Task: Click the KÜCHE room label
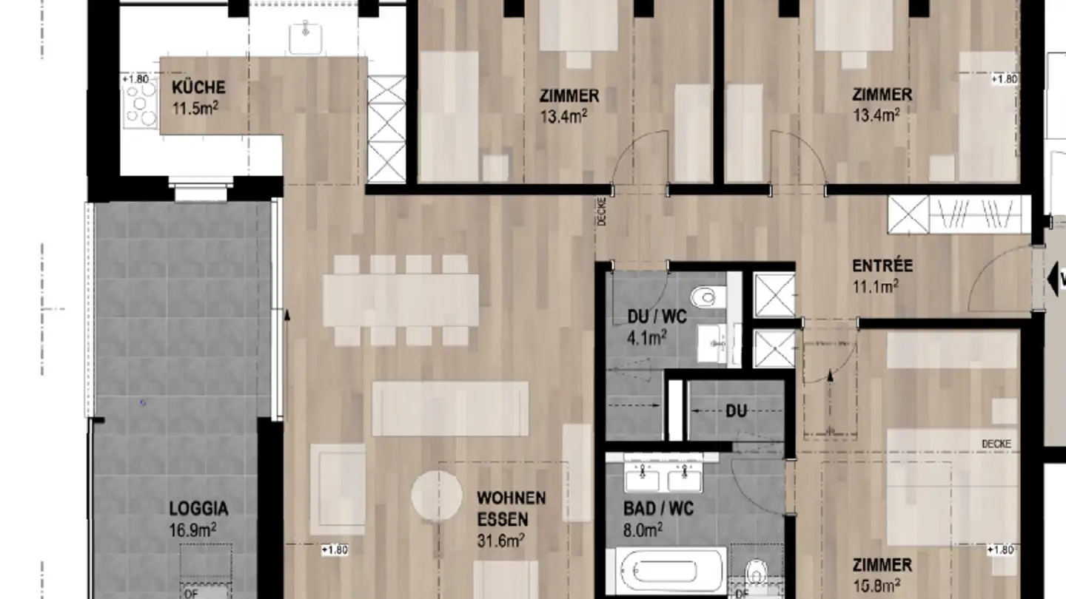[x=198, y=88]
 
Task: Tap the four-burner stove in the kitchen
[x=141, y=104]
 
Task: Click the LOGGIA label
[x=198, y=509]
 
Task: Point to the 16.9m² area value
[x=192, y=529]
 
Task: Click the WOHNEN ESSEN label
[x=511, y=508]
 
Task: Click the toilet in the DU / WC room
[x=704, y=297]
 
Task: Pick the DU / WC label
[x=657, y=317]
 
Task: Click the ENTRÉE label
[x=882, y=265]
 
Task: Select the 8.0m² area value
[x=642, y=529]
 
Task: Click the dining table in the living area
[x=400, y=300]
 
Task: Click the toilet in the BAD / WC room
[x=756, y=572]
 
